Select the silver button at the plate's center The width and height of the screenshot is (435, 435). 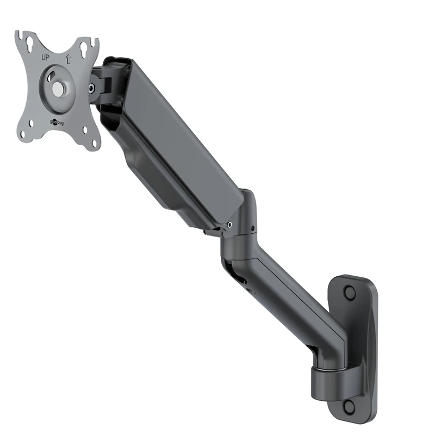pos(57,88)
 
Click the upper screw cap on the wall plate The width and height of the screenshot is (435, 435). pos(350,293)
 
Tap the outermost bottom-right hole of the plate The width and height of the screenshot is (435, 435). pos(95,143)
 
